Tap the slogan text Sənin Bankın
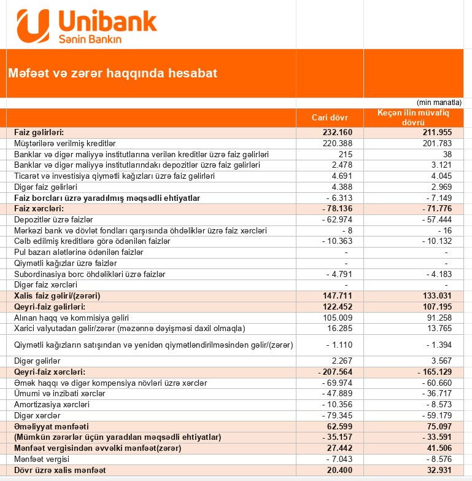point(90,38)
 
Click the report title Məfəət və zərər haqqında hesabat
point(112,73)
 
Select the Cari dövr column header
point(330,117)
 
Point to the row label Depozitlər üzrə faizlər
point(53,220)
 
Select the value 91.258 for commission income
point(434,318)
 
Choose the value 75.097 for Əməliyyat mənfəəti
point(434,426)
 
